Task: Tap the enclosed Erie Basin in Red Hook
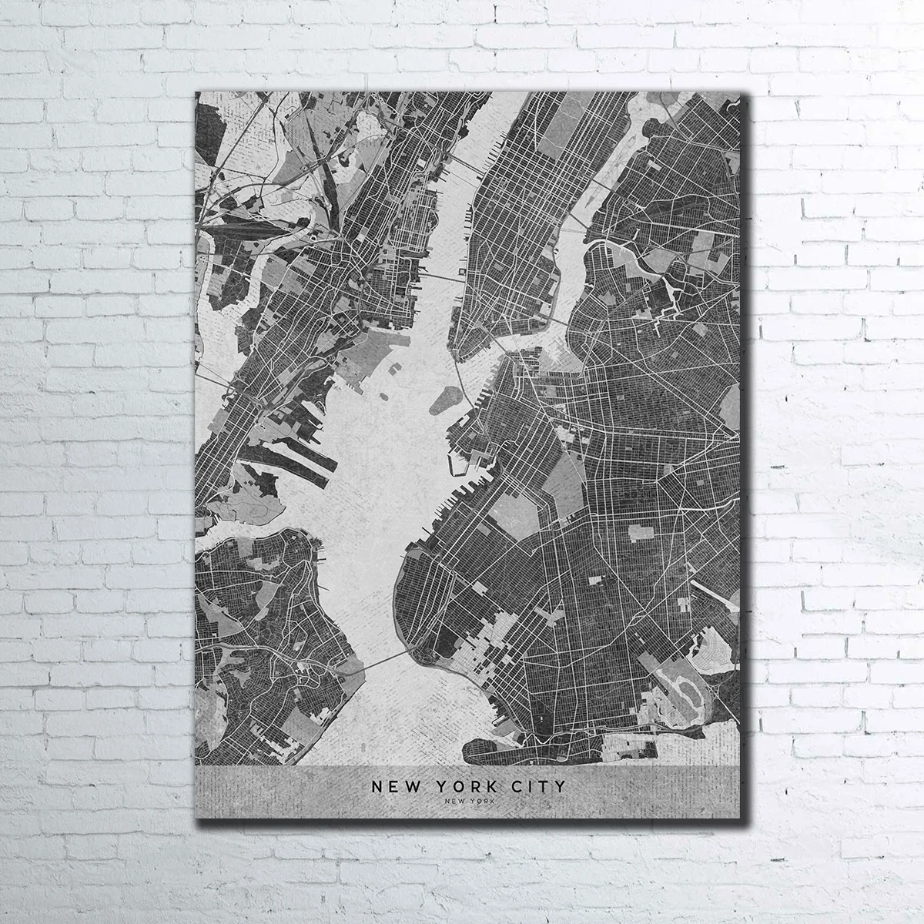click(x=460, y=463)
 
